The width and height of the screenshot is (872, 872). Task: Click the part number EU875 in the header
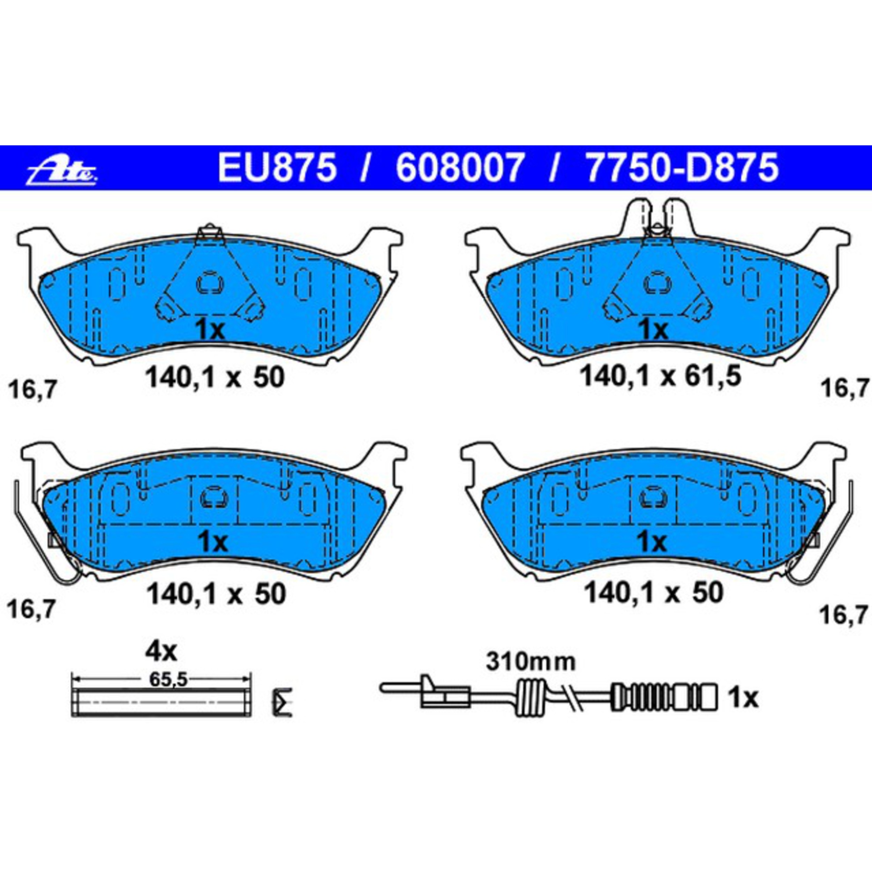pyautogui.click(x=278, y=167)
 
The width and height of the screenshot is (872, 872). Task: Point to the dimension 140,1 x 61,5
pyautogui.click(x=660, y=376)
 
